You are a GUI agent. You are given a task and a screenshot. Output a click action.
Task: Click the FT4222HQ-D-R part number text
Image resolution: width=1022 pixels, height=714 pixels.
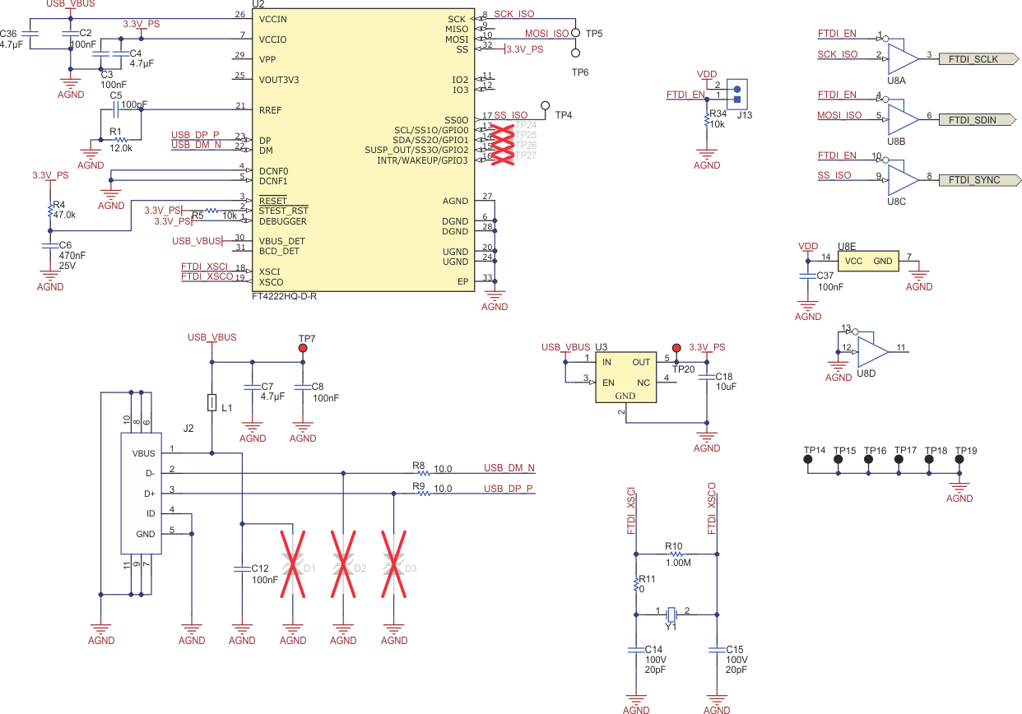tap(284, 296)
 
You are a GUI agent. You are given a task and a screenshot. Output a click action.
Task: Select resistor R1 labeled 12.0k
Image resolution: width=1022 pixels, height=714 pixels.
tap(120, 140)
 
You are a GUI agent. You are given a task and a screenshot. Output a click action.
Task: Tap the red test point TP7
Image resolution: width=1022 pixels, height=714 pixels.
tap(303, 349)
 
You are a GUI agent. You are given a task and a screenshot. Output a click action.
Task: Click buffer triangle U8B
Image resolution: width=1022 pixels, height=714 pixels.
tap(903, 119)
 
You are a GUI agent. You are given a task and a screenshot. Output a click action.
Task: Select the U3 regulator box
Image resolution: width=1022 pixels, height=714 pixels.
tap(625, 377)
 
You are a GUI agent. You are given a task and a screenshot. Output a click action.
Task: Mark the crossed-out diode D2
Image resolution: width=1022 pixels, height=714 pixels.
tap(343, 565)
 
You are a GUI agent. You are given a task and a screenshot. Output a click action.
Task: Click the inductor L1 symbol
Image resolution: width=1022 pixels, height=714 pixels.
tap(212, 403)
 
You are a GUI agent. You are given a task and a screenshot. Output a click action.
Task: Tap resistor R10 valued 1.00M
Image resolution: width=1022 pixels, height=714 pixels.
tap(674, 554)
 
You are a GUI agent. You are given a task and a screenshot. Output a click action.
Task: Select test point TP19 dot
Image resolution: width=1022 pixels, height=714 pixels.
tap(959, 461)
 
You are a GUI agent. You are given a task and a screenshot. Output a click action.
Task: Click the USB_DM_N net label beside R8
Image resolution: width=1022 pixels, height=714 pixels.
tap(509, 468)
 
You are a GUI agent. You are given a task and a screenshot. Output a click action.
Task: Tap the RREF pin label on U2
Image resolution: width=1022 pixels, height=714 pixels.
tap(271, 109)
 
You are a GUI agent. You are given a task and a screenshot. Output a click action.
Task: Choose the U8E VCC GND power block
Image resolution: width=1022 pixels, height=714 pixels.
tap(868, 261)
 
